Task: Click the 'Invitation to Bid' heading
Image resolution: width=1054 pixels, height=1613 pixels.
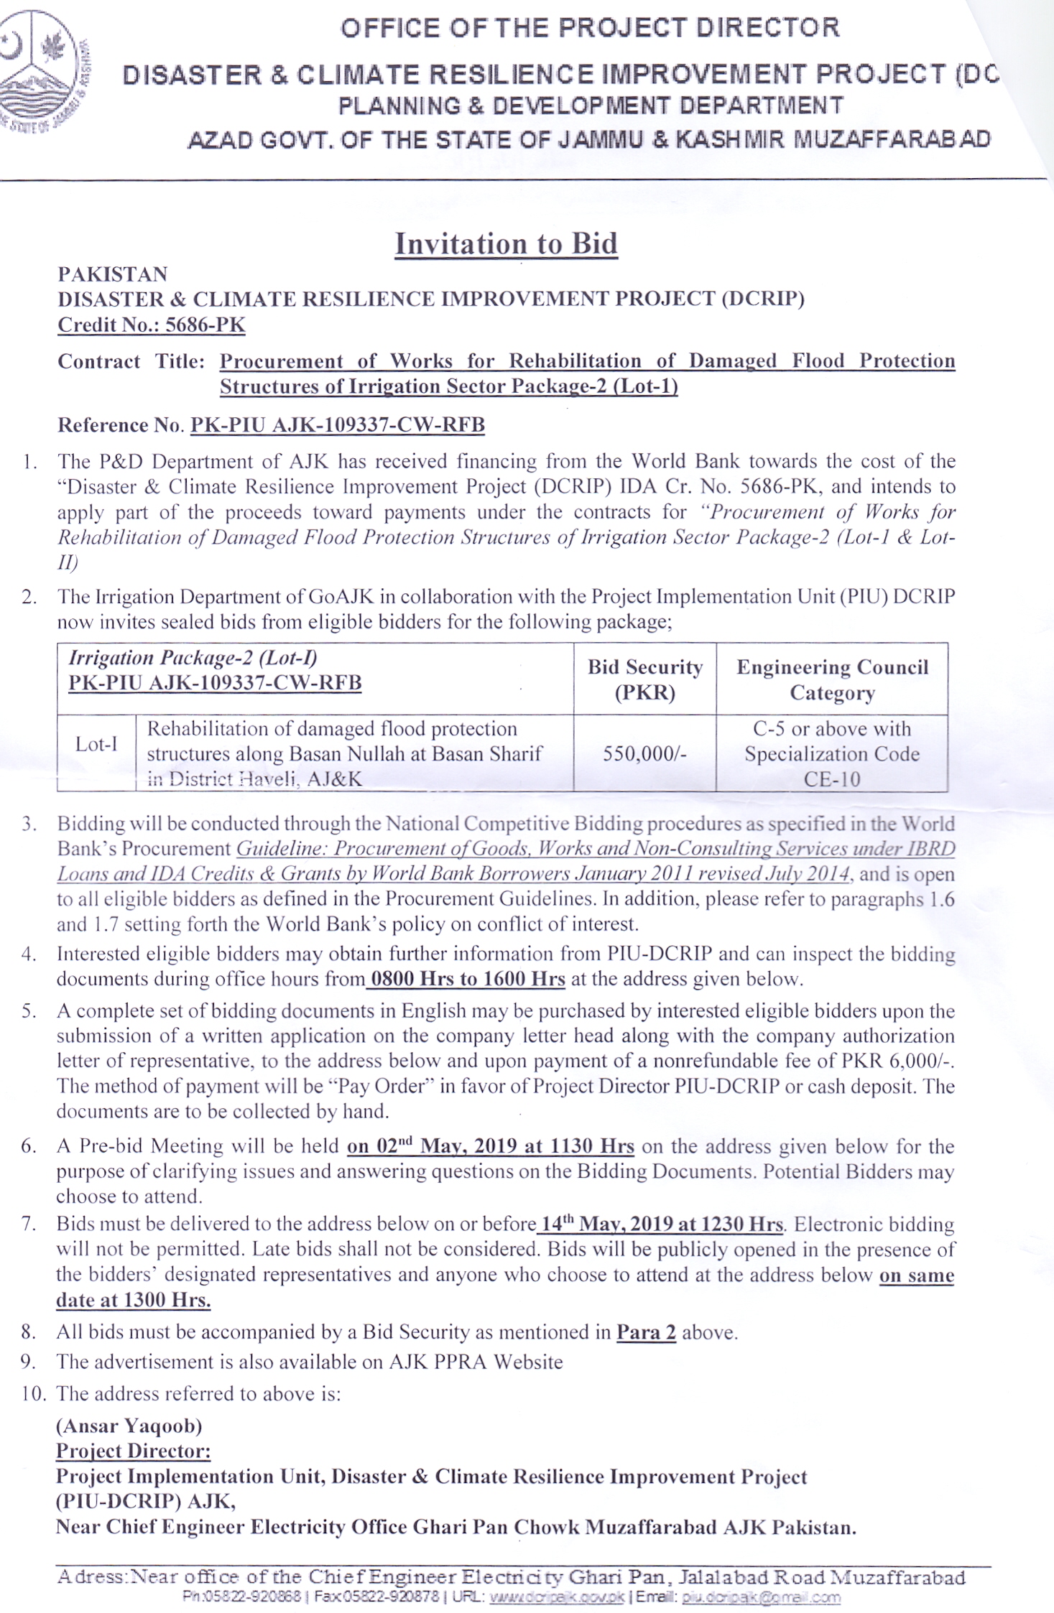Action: click(x=506, y=244)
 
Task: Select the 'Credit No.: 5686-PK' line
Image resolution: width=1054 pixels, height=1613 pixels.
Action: click(x=152, y=325)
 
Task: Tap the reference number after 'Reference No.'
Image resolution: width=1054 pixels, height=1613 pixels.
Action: click(x=337, y=425)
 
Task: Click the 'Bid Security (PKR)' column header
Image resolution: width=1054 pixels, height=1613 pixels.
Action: click(x=644, y=679)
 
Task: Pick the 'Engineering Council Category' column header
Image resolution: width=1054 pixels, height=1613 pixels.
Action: click(x=832, y=679)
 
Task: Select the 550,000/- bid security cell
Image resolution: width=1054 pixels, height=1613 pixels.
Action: click(x=644, y=753)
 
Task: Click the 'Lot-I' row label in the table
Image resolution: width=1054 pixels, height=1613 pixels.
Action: click(x=96, y=744)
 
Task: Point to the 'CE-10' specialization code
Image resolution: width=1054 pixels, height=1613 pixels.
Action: click(x=832, y=779)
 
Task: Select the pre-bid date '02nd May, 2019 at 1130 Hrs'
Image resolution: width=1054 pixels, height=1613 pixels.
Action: click(x=491, y=1146)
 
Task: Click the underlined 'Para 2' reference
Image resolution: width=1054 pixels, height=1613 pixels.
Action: click(x=646, y=1332)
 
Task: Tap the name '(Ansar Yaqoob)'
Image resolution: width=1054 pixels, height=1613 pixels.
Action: click(x=129, y=1426)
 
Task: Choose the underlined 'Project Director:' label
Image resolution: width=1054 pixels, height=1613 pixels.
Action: click(x=134, y=1451)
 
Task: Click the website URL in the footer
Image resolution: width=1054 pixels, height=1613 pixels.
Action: click(x=557, y=1598)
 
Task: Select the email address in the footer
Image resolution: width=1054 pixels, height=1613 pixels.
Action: click(x=761, y=1598)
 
